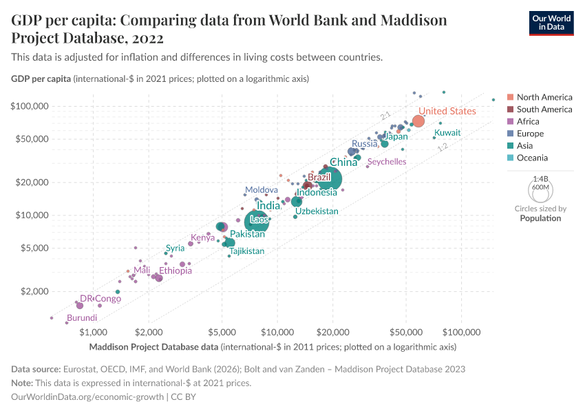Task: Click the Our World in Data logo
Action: click(x=551, y=22)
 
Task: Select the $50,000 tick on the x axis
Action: click(x=405, y=332)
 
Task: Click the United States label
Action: click(x=447, y=111)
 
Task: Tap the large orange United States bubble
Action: click(x=418, y=121)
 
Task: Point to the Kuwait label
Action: click(x=447, y=132)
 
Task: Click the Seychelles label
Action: click(x=386, y=162)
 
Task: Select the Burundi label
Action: click(x=82, y=318)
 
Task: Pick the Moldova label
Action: click(x=262, y=189)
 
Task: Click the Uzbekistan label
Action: click(x=317, y=211)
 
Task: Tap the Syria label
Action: click(x=175, y=248)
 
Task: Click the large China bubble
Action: click(x=330, y=179)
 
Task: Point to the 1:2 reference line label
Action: click(x=443, y=147)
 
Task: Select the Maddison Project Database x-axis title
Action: click(x=273, y=346)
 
